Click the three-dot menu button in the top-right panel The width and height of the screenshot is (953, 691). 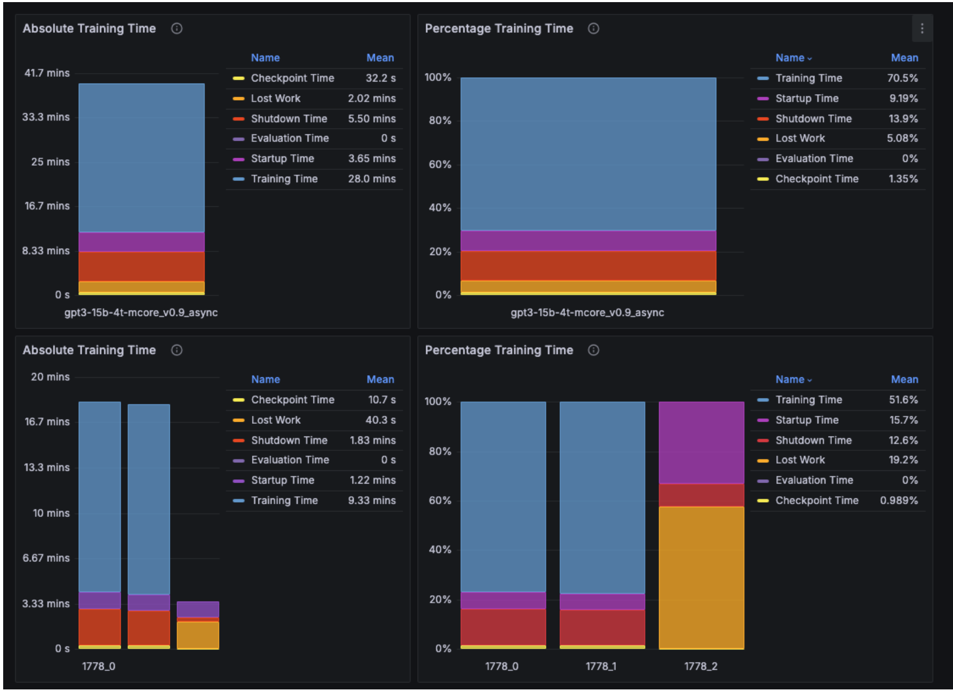click(922, 29)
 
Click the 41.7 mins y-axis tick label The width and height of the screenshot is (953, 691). click(47, 73)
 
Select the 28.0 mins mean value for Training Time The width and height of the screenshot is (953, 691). click(372, 179)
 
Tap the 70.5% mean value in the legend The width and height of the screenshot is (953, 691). click(902, 78)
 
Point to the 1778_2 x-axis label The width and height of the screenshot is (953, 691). click(700, 666)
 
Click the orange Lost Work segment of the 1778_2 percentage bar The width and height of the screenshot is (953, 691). click(701, 577)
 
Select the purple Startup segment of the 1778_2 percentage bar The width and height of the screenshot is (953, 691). click(701, 442)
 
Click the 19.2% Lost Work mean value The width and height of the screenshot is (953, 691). click(903, 460)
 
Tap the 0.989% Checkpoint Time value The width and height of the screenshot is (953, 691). click(898, 501)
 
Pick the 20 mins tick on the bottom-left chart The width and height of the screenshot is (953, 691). click(50, 377)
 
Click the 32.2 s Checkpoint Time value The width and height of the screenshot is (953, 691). click(381, 78)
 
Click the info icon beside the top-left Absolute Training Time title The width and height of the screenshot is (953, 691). click(177, 29)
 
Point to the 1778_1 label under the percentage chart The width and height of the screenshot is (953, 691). click(601, 666)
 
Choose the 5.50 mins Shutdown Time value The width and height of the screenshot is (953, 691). click(372, 119)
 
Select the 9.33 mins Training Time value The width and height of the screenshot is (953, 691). click(372, 501)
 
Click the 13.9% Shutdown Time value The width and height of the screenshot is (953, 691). click(903, 119)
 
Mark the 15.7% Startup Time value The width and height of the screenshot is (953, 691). click(903, 420)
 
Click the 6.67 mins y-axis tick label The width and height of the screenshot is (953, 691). click(46, 558)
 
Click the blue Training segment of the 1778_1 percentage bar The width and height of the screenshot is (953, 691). click(602, 497)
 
